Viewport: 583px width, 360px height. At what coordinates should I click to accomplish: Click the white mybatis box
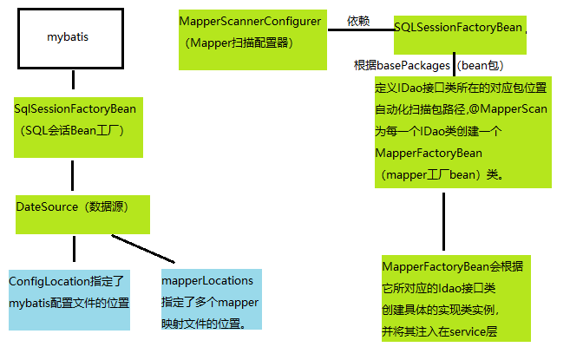[x=67, y=38]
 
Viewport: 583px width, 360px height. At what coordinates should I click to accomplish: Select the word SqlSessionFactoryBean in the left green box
[x=75, y=109]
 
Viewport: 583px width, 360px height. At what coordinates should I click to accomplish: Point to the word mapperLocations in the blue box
[x=207, y=280]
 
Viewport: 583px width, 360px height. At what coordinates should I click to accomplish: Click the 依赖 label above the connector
[x=357, y=20]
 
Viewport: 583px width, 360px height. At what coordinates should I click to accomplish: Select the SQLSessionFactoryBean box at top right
[x=459, y=28]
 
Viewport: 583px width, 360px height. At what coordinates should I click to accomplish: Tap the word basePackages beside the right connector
[x=413, y=65]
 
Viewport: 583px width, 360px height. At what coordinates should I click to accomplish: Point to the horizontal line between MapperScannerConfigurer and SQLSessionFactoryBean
[x=360, y=30]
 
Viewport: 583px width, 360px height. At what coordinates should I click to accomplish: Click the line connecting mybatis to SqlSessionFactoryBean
[x=73, y=80]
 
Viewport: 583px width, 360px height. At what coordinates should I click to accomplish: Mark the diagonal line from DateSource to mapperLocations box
[x=143, y=248]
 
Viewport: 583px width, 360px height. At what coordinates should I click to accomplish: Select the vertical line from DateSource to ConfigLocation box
[x=73, y=249]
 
